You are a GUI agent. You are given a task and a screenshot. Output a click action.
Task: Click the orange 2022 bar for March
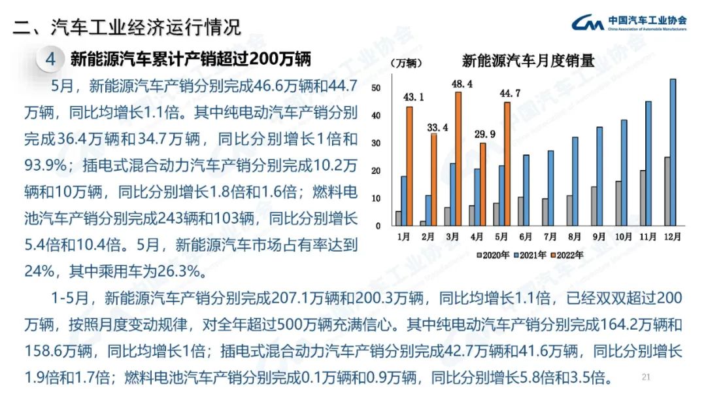tap(458, 159)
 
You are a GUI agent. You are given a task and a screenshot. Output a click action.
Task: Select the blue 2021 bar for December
tap(673, 152)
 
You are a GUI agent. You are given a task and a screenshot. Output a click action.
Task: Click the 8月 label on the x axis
tap(573, 235)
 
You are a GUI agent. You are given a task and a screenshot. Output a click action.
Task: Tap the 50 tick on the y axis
tap(375, 88)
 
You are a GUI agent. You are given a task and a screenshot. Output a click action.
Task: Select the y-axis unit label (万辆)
tap(406, 63)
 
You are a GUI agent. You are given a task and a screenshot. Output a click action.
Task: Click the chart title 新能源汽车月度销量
tap(528, 61)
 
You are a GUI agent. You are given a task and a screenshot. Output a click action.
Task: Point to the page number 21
tap(647, 377)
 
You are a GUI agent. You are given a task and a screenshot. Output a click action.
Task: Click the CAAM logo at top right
tap(628, 24)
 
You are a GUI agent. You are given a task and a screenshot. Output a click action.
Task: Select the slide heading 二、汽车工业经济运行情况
tap(127, 27)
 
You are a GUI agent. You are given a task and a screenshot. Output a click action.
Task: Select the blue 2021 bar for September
tap(599, 176)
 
